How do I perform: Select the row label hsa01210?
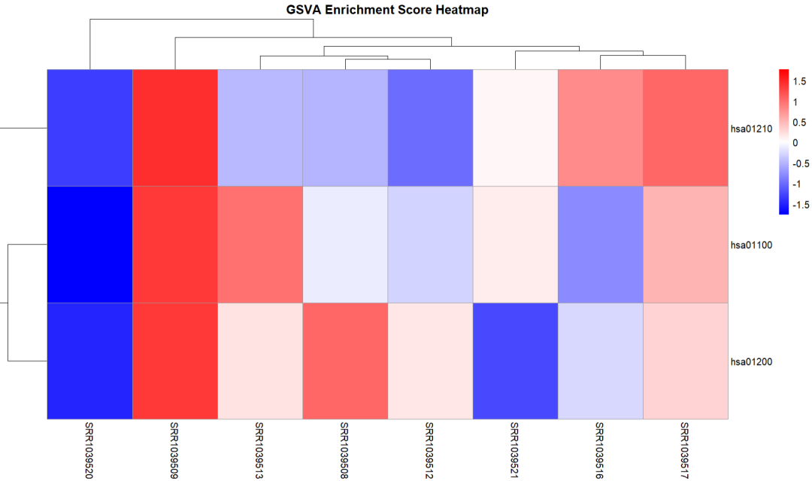752,128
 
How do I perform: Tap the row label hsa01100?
752,245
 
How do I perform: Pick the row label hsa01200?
752,361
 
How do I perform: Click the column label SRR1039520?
89,450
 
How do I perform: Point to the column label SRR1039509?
174,450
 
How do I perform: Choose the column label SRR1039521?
515,450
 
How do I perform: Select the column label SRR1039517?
685,450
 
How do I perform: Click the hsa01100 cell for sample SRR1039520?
89,245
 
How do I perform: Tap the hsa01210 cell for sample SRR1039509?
174,128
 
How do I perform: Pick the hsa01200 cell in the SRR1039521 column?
515,361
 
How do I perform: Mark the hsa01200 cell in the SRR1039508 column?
344,361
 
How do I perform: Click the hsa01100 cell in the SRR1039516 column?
600,245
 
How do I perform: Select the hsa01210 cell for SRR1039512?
430,128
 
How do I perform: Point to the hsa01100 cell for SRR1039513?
259,245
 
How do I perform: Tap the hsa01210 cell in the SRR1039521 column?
515,128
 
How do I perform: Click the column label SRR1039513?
259,450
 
